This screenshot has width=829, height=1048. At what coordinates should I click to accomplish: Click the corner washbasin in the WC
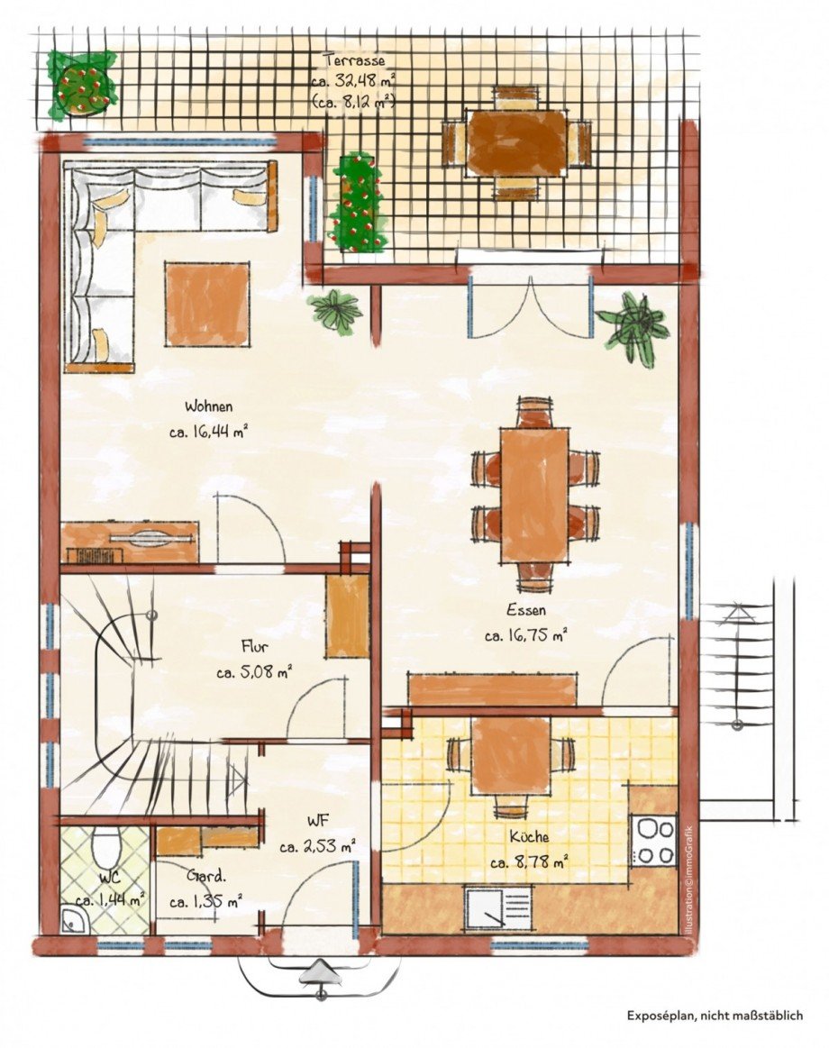(72, 920)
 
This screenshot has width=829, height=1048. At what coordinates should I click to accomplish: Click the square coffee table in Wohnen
(207, 304)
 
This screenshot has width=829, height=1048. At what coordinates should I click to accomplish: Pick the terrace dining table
(515, 142)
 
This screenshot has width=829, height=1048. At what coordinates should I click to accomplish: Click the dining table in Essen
(534, 494)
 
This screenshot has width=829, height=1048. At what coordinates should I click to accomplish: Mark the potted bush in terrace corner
(81, 82)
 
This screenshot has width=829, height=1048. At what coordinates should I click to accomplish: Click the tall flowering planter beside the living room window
(358, 204)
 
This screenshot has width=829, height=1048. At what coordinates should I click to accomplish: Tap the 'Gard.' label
(206, 875)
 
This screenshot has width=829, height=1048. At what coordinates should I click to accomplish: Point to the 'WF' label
(316, 822)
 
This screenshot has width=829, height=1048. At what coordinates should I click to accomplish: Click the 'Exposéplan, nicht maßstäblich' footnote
(715, 1015)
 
